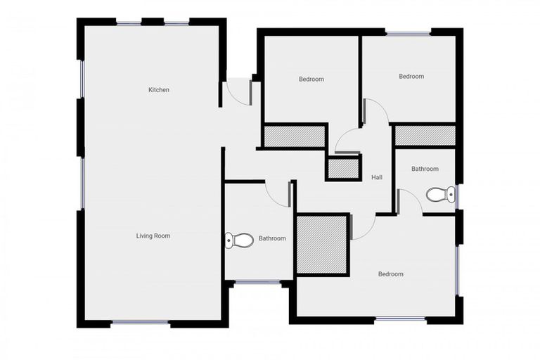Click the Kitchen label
pos(158,90)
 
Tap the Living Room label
pos(153,236)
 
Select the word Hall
pos(377,177)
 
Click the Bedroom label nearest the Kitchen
pos(311,79)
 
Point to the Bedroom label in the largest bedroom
pos(390,274)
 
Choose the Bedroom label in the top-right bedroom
pos(411,77)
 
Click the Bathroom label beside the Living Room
pos(272,238)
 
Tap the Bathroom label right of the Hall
pos(425,169)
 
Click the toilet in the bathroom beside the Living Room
pos(240,240)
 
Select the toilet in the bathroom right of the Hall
pos(441,194)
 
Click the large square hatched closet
pos(322,245)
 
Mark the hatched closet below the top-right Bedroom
pos(425,136)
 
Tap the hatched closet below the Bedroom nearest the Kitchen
pos(294,136)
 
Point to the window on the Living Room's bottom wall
pos(141,323)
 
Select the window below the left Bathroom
pos(257,283)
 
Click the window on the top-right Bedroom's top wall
pos(409,32)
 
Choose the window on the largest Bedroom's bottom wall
pos(400,319)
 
